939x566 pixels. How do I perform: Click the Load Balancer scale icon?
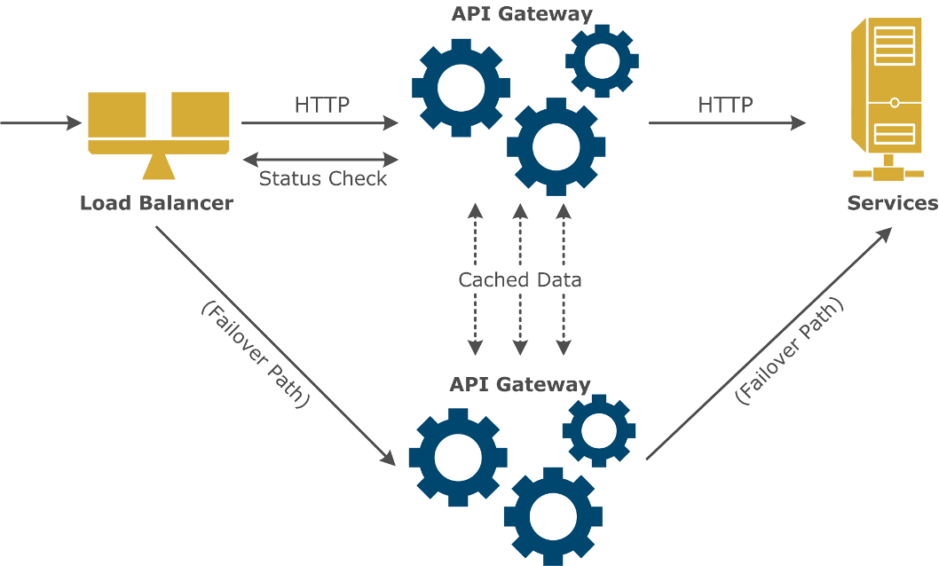tap(158, 134)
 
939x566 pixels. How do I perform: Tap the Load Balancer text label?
tap(156, 203)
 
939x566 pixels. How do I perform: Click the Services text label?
tap(891, 203)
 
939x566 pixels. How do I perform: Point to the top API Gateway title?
tap(521, 13)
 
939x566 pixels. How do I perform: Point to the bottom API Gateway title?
tap(519, 384)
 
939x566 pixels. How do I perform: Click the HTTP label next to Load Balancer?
tap(321, 105)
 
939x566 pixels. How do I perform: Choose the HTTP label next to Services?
tap(725, 105)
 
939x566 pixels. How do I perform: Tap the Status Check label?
tap(322, 178)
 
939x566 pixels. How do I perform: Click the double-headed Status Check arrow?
tap(320, 160)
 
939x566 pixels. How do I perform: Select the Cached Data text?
tap(519, 280)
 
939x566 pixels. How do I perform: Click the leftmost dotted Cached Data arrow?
tap(476, 319)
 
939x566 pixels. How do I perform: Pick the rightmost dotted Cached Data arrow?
tap(563, 319)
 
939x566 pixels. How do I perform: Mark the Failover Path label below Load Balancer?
tap(255, 354)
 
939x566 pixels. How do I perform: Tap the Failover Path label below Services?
tap(788, 351)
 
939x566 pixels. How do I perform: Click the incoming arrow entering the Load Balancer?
tap(41, 123)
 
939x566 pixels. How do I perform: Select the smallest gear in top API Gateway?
tap(602, 60)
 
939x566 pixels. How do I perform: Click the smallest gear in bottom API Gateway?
tap(599, 430)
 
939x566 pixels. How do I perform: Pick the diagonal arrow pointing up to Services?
tap(769, 343)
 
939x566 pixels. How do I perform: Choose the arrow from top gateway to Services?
tap(727, 123)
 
